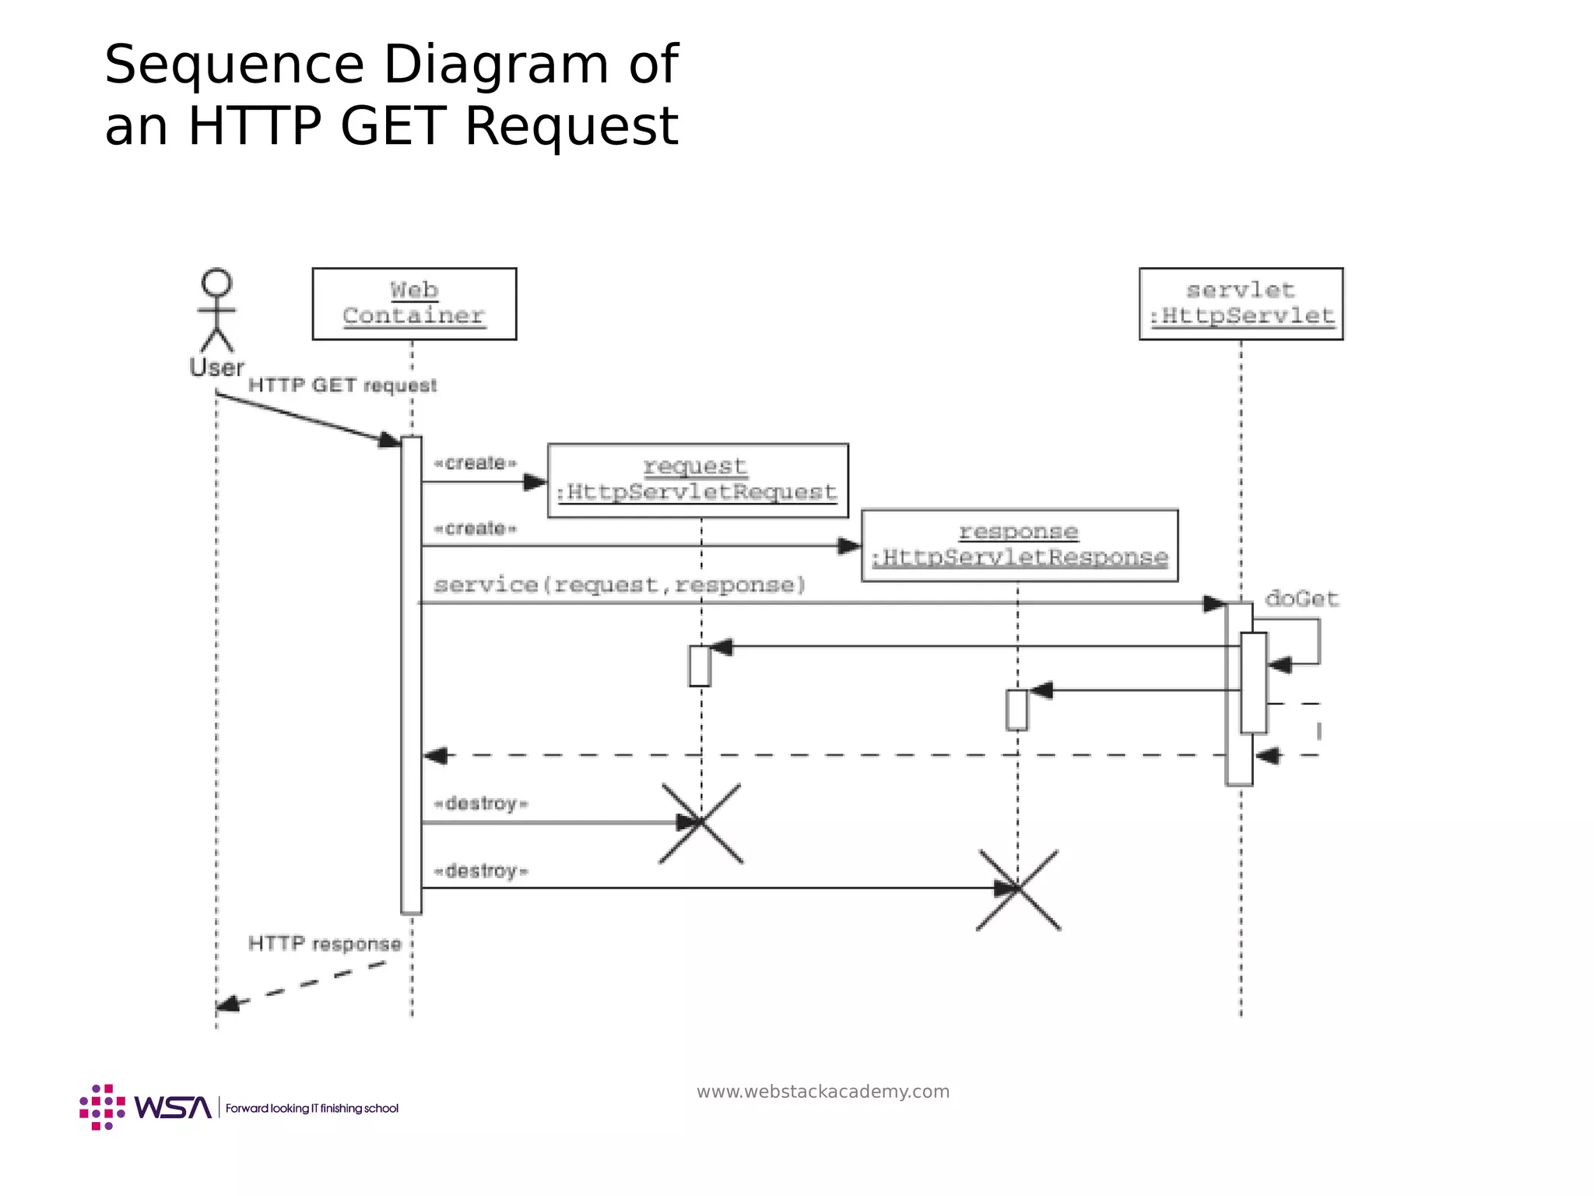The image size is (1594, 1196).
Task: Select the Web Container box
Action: (414, 304)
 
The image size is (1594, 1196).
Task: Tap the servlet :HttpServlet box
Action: (1241, 304)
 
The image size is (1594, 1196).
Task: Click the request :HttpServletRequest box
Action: (697, 480)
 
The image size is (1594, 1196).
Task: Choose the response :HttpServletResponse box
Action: (1019, 545)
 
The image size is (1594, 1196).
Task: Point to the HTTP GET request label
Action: (342, 385)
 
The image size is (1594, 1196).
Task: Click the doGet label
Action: (1301, 599)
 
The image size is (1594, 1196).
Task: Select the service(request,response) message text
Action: (620, 585)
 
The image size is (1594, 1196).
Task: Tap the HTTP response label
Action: (325, 944)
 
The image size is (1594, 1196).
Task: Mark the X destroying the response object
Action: (1018, 889)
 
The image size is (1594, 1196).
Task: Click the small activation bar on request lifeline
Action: (700, 666)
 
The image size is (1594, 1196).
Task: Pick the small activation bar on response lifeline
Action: (1016, 709)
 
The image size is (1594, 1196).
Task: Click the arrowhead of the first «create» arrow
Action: (535, 482)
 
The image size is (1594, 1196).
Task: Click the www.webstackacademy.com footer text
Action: (823, 1092)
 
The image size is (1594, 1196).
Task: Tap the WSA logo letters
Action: (173, 1107)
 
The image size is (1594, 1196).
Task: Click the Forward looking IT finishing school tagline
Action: (311, 1108)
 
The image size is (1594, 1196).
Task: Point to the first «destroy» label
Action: (480, 804)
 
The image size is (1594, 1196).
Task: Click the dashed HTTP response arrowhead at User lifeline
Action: (226, 1004)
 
